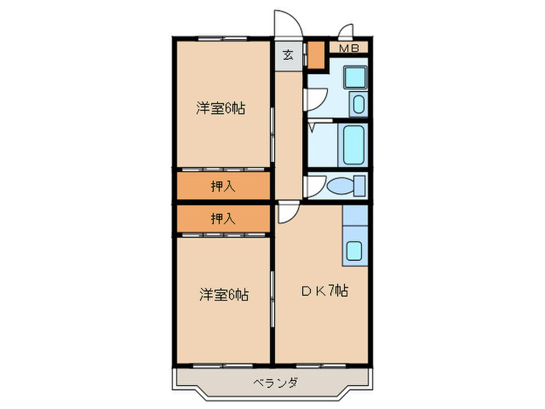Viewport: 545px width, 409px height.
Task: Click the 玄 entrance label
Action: click(x=288, y=55)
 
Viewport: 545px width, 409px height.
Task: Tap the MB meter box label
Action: click(x=348, y=48)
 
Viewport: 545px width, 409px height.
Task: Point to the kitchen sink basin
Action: click(x=353, y=252)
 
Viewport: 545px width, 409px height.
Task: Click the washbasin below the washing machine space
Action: click(x=359, y=104)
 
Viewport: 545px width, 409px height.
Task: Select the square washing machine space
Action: click(x=354, y=78)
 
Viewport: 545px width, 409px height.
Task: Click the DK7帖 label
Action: click(x=325, y=291)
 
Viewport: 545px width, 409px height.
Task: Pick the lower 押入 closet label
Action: click(x=223, y=219)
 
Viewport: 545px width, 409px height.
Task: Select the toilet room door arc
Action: click(x=315, y=186)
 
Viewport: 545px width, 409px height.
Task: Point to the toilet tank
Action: click(x=359, y=185)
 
